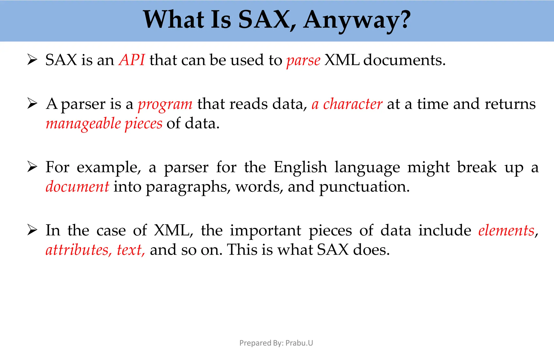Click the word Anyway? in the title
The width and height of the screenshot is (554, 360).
click(357, 20)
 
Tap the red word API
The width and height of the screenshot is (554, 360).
click(132, 60)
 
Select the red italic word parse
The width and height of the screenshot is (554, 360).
click(303, 60)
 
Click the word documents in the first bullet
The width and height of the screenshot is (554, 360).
click(404, 60)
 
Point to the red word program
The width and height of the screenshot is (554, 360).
click(165, 104)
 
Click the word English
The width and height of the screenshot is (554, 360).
click(300, 167)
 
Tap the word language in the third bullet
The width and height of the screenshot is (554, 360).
click(367, 168)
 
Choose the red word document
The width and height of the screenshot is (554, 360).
click(77, 187)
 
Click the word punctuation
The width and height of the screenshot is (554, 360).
click(364, 187)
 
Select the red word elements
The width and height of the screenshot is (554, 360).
click(506, 230)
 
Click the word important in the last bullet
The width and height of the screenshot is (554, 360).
click(265, 231)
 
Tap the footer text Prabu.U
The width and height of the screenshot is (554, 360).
click(299, 343)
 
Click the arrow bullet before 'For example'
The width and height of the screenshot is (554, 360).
click(32, 167)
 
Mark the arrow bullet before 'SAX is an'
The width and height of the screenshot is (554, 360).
click(32, 60)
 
